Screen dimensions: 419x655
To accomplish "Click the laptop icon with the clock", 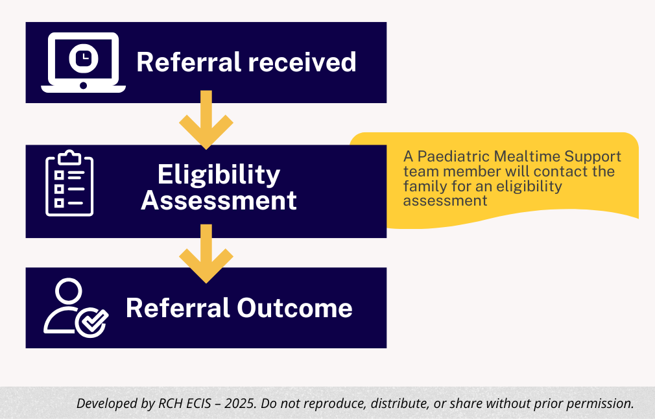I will pyautogui.click(x=83, y=62).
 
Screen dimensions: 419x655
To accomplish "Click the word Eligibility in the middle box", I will pyautogui.click(x=219, y=174).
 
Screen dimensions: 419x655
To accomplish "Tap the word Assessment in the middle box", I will pyautogui.click(x=219, y=200).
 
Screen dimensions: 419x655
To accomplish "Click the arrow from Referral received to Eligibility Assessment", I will pyautogui.click(x=206, y=121).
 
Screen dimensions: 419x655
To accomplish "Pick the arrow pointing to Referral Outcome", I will pyautogui.click(x=206, y=254).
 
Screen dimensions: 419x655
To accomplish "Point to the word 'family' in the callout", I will pyautogui.click(x=422, y=186).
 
